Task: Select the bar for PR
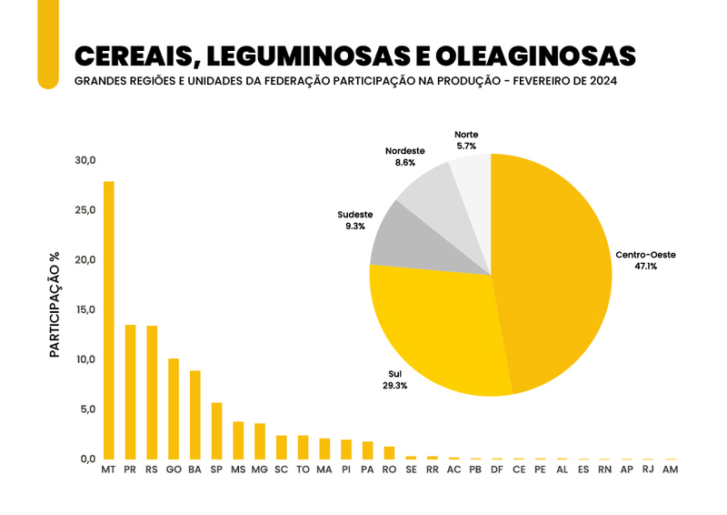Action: (130, 391)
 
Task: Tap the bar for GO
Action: (174, 409)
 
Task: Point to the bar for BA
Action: (195, 415)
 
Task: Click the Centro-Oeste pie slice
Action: (554, 273)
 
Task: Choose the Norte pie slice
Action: (473, 177)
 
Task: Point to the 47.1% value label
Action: (646, 267)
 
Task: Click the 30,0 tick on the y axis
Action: (85, 161)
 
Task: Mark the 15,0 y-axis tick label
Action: (85, 310)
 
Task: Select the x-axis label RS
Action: (152, 470)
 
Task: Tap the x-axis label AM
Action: (671, 470)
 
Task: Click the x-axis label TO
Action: (303, 470)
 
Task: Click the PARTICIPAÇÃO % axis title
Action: (55, 305)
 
